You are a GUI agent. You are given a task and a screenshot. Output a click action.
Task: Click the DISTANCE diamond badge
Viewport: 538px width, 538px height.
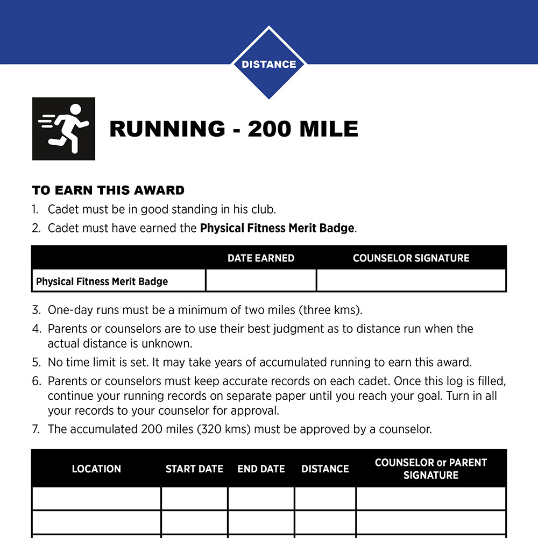coord(268,64)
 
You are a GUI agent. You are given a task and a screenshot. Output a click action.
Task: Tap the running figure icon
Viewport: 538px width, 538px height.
coord(63,129)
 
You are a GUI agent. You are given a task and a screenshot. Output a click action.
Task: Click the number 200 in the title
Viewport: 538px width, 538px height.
coord(270,129)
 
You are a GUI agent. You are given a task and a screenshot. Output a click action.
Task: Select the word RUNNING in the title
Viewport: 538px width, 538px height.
coord(167,129)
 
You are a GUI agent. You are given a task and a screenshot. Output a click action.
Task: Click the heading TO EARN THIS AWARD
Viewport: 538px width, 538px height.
coord(108,190)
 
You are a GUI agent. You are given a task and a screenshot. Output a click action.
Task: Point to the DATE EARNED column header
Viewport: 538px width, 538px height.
coord(261,258)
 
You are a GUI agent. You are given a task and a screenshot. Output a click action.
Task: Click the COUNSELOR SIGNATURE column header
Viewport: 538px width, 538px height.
coord(411,258)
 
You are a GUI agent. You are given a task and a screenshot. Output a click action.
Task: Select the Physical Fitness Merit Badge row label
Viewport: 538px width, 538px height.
coord(102,281)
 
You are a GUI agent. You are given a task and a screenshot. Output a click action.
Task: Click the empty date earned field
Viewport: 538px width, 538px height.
coord(261,281)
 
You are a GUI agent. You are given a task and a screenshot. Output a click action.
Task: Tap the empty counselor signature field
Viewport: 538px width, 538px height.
coord(411,281)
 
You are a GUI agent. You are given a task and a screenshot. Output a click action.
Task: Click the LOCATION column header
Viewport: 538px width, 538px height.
coord(96,469)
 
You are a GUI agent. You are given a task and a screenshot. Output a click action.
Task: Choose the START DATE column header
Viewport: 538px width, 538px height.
coord(194,469)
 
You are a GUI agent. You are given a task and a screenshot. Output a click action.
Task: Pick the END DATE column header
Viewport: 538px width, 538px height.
coord(261,469)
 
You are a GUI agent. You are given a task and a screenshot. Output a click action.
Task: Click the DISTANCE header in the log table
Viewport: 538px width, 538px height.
coord(325,469)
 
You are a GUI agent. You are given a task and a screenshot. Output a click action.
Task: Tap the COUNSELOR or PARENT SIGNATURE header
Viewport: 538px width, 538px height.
coord(431,469)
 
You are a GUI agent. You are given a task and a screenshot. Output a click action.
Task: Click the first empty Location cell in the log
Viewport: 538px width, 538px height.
coord(96,498)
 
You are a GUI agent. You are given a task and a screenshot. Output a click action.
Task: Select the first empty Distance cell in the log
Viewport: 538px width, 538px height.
coord(325,498)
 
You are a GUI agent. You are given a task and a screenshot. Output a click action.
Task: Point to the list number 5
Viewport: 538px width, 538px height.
coord(36,362)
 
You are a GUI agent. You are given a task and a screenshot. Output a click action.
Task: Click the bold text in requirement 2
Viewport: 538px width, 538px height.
coord(277,228)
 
